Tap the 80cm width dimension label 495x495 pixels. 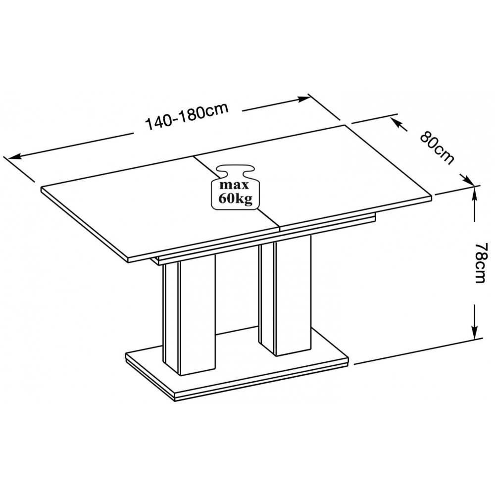point(437,148)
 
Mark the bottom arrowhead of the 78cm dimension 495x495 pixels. point(474,332)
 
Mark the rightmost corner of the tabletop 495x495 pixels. point(432,197)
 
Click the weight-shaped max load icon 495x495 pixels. point(235,187)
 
